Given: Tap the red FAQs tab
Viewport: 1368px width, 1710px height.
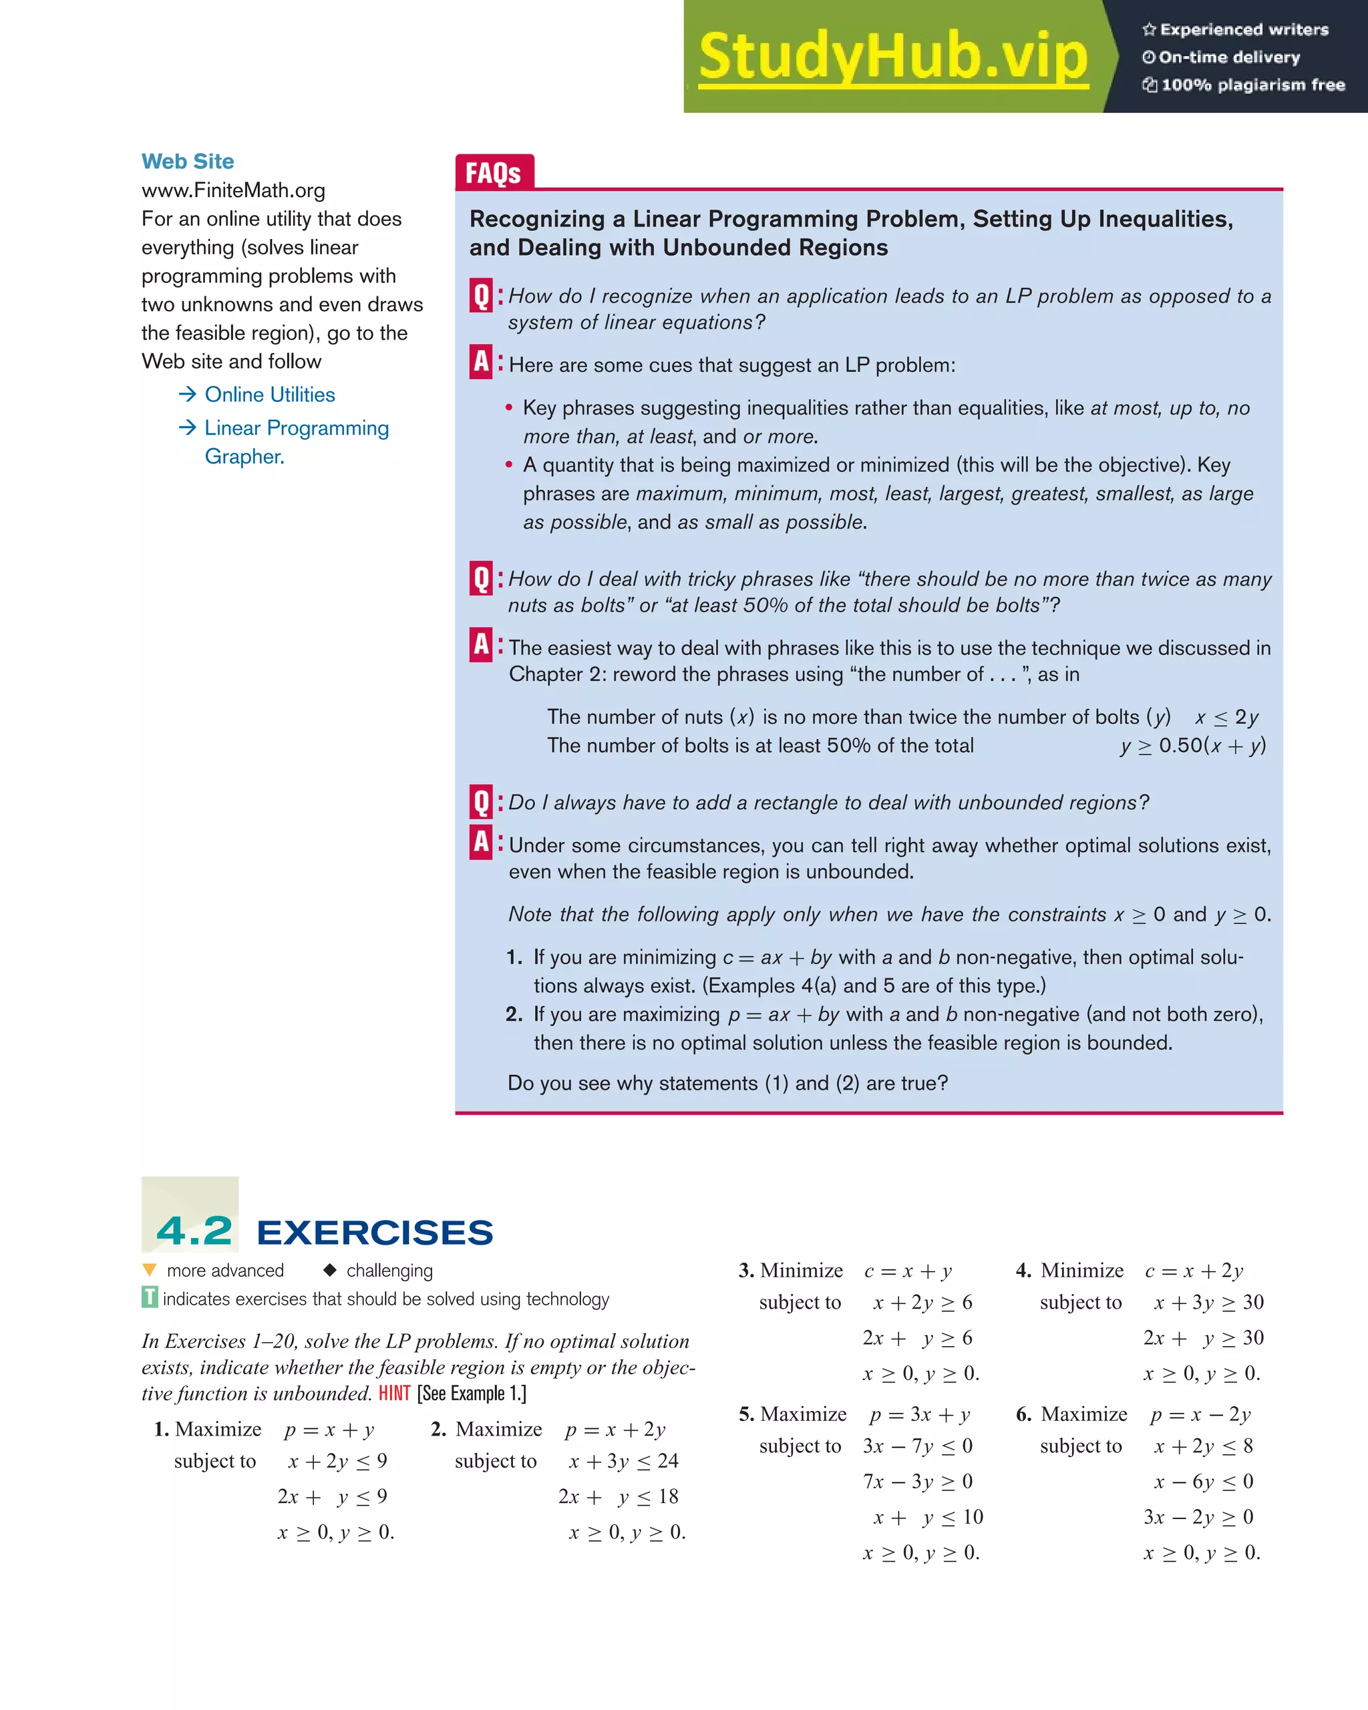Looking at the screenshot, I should click(494, 172).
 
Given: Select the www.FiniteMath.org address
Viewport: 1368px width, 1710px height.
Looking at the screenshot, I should click(233, 190).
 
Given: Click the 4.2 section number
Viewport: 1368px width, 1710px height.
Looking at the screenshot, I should click(194, 1231).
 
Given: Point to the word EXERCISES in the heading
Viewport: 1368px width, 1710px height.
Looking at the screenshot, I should click(375, 1233).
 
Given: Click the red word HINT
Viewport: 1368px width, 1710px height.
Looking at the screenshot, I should click(394, 1394).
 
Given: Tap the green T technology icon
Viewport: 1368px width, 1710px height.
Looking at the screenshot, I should click(149, 1299).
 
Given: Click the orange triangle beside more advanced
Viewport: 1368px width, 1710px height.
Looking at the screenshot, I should click(149, 1270).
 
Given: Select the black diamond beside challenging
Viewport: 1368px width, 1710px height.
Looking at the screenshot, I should click(330, 1270).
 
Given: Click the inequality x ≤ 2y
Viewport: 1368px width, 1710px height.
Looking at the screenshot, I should click(1226, 717).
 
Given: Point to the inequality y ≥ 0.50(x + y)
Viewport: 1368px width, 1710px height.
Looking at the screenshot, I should click(1192, 746).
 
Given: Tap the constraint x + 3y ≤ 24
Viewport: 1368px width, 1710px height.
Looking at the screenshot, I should click(623, 1461).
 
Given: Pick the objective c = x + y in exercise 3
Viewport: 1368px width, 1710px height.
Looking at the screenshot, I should click(908, 1271).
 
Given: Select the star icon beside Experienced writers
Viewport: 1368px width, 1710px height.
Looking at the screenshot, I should click(1149, 29).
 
